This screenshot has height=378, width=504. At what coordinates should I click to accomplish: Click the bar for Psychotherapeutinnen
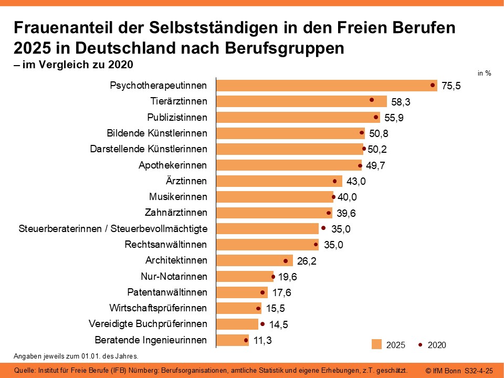(325, 86)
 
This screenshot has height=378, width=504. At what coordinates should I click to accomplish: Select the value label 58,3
(402, 102)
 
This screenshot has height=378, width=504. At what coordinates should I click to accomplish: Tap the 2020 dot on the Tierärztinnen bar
(371, 100)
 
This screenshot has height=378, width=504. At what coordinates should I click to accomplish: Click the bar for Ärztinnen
(278, 181)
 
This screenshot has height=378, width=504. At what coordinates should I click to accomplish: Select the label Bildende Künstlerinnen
(157, 133)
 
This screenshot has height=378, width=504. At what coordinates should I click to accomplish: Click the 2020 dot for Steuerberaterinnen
(323, 228)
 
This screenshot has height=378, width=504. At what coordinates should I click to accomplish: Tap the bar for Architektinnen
(254, 260)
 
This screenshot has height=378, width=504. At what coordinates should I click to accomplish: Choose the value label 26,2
(308, 261)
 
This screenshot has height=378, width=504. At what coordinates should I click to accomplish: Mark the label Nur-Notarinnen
(174, 276)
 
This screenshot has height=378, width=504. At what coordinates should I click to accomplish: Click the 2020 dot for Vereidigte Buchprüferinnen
(262, 324)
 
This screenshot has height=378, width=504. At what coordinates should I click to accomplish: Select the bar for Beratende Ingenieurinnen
(233, 340)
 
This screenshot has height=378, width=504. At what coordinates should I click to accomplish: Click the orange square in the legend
(376, 344)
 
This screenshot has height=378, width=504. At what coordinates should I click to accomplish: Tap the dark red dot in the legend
(421, 344)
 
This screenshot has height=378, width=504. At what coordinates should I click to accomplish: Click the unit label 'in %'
(484, 73)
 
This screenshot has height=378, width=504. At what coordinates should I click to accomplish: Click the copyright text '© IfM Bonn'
(444, 371)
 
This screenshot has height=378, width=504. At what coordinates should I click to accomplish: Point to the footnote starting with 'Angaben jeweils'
(76, 355)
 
